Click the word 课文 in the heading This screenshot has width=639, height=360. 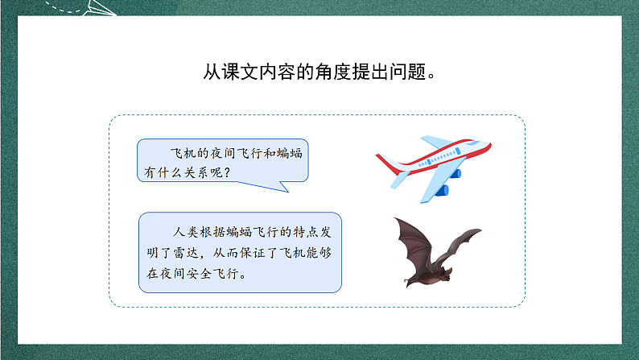coord(241,72)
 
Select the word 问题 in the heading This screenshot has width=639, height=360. coord(407,72)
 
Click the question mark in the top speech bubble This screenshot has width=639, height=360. coord(228,172)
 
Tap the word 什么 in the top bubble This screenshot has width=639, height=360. coord(171,172)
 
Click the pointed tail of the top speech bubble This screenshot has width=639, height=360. coord(288,192)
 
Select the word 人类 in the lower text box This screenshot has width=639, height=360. coord(185,232)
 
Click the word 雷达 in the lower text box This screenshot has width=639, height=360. coord(185,253)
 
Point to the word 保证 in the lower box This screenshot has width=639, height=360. coord(253,253)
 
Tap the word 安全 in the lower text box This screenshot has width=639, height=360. coord(199,273)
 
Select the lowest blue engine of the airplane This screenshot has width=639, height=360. coord(441,190)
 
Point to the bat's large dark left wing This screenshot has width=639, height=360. coord(412,246)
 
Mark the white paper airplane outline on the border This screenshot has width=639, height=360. coord(99,9)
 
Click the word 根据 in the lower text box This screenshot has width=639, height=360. coord(212,232)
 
